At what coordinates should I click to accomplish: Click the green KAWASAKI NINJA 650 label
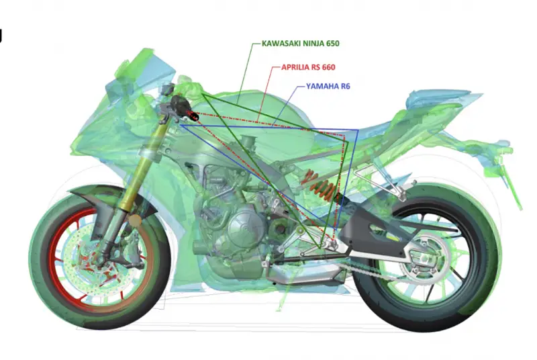pos(300,44)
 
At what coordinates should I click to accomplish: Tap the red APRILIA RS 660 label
pos(308,67)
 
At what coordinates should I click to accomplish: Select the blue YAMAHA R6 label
pos(328,87)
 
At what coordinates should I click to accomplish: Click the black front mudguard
pos(103,193)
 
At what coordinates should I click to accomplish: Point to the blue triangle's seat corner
pos(358,130)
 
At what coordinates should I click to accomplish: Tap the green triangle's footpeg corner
pos(319,248)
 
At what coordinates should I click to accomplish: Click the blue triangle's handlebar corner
pos(181,126)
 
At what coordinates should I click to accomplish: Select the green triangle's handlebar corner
pos(203,94)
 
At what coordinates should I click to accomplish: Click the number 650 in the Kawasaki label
pos(332,44)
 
